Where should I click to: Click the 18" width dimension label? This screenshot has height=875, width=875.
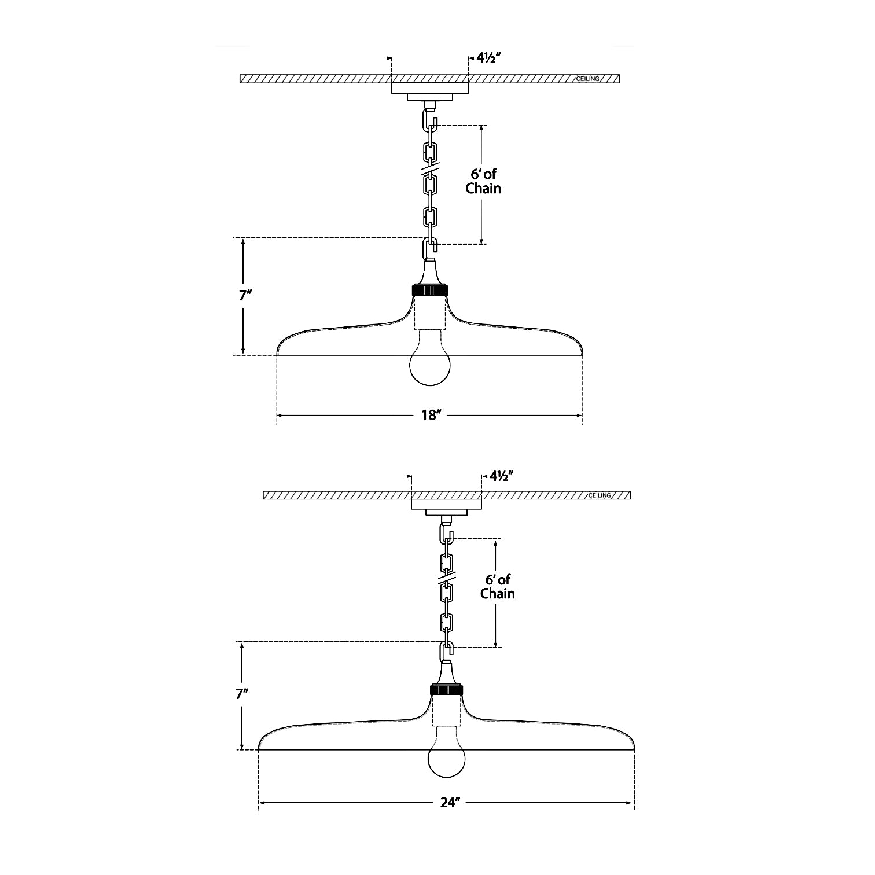point(429,416)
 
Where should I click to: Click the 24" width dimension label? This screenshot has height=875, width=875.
point(448,803)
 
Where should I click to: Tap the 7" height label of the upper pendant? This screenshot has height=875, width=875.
point(245,295)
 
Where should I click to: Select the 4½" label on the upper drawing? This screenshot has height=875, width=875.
point(488,58)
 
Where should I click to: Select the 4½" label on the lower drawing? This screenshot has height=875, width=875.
point(502,476)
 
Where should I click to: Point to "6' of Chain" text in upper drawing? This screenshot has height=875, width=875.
point(483,181)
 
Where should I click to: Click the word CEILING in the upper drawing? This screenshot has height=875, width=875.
point(587,79)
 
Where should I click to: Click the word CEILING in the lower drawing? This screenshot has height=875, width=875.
point(600,496)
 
